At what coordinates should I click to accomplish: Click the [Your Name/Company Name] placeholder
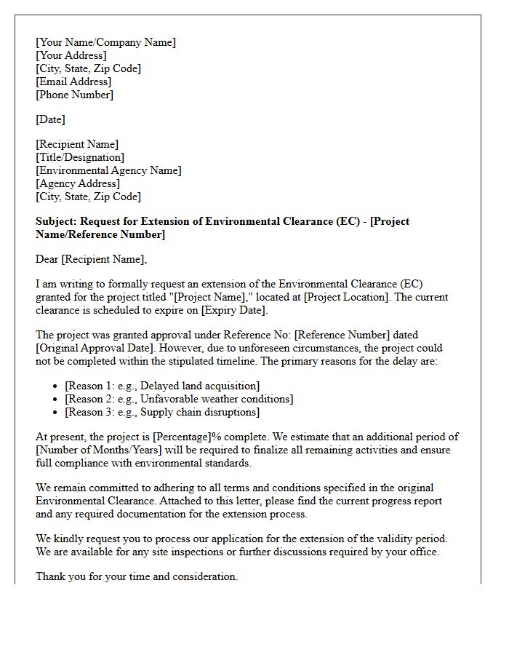(x=105, y=42)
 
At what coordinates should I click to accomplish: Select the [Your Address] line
(x=71, y=55)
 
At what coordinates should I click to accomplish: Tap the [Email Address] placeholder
(x=73, y=82)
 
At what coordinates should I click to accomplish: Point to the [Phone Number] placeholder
(x=74, y=95)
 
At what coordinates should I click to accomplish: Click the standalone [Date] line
(x=50, y=119)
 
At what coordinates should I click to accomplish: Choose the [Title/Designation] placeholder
(x=80, y=157)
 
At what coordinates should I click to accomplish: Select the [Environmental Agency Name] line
(x=108, y=170)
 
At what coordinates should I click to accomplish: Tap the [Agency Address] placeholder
(x=78, y=183)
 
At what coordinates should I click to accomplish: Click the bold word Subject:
(x=56, y=221)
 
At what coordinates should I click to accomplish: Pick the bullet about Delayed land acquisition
(x=162, y=386)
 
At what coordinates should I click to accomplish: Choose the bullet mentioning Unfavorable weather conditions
(x=179, y=399)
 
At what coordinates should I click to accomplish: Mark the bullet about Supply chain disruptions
(x=162, y=412)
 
